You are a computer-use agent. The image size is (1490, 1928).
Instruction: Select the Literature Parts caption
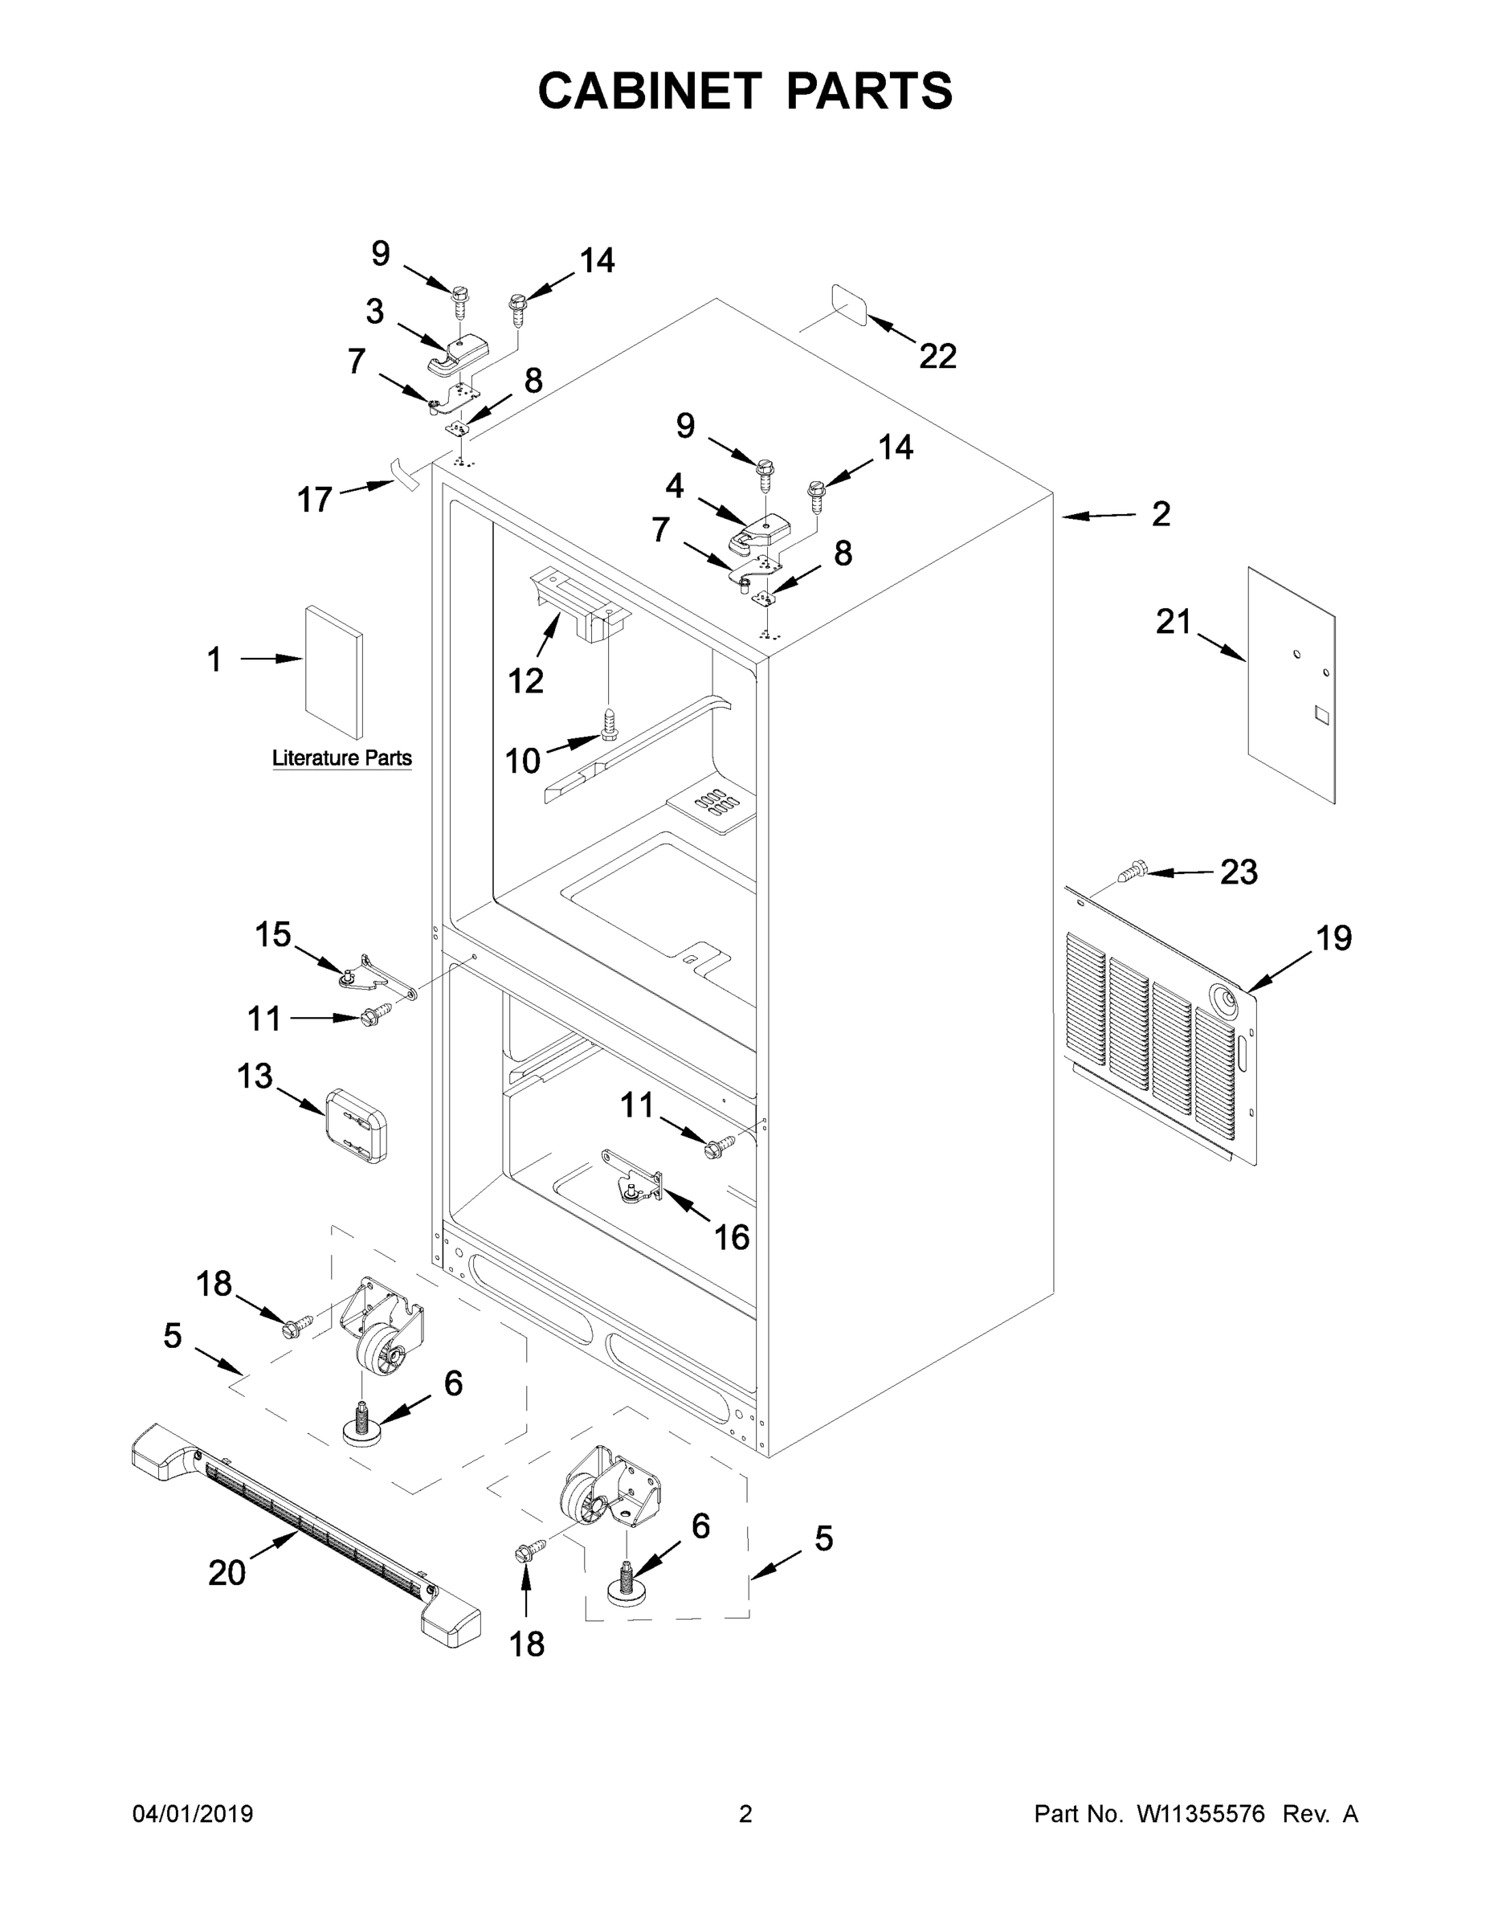point(341,758)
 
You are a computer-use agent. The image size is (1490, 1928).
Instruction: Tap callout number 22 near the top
point(937,357)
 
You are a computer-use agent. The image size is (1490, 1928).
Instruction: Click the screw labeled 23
point(1131,873)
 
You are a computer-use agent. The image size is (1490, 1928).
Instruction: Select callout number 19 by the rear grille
point(1333,937)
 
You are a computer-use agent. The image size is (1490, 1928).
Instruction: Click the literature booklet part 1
point(333,672)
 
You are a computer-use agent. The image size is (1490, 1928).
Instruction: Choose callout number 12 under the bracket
point(525,680)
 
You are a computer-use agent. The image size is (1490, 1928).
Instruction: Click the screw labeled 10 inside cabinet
point(608,723)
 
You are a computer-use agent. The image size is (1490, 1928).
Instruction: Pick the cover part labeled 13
point(357,1125)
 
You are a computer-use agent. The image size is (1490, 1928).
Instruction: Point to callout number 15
point(273,934)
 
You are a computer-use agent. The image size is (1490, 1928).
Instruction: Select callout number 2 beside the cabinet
point(1161,514)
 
